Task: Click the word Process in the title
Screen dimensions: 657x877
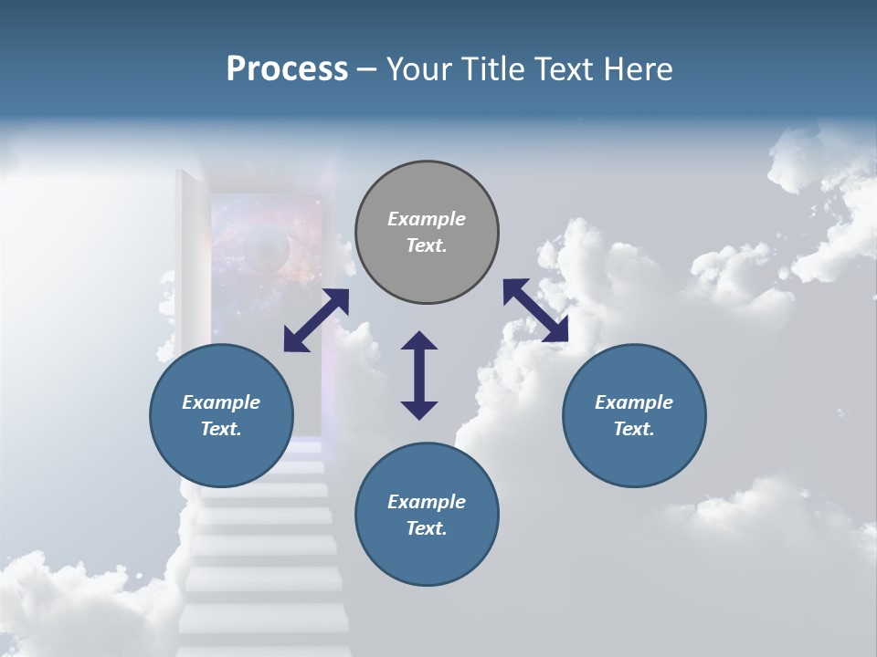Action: click(287, 69)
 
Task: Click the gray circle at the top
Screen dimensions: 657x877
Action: click(427, 233)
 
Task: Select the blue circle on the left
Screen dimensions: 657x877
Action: click(221, 415)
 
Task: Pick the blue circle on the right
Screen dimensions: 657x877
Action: click(634, 415)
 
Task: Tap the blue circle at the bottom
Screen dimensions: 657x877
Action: click(427, 515)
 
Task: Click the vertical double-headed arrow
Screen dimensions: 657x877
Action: click(419, 375)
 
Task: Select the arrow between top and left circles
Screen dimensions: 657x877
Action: click(316, 320)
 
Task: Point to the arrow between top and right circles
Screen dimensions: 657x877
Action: click(536, 310)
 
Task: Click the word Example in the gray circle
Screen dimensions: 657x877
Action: click(427, 219)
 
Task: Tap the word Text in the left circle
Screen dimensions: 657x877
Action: click(220, 429)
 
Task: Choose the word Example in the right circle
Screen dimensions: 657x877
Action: click(634, 402)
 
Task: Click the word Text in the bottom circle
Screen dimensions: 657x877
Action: click(426, 528)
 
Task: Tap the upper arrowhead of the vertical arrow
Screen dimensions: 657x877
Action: click(419, 342)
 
